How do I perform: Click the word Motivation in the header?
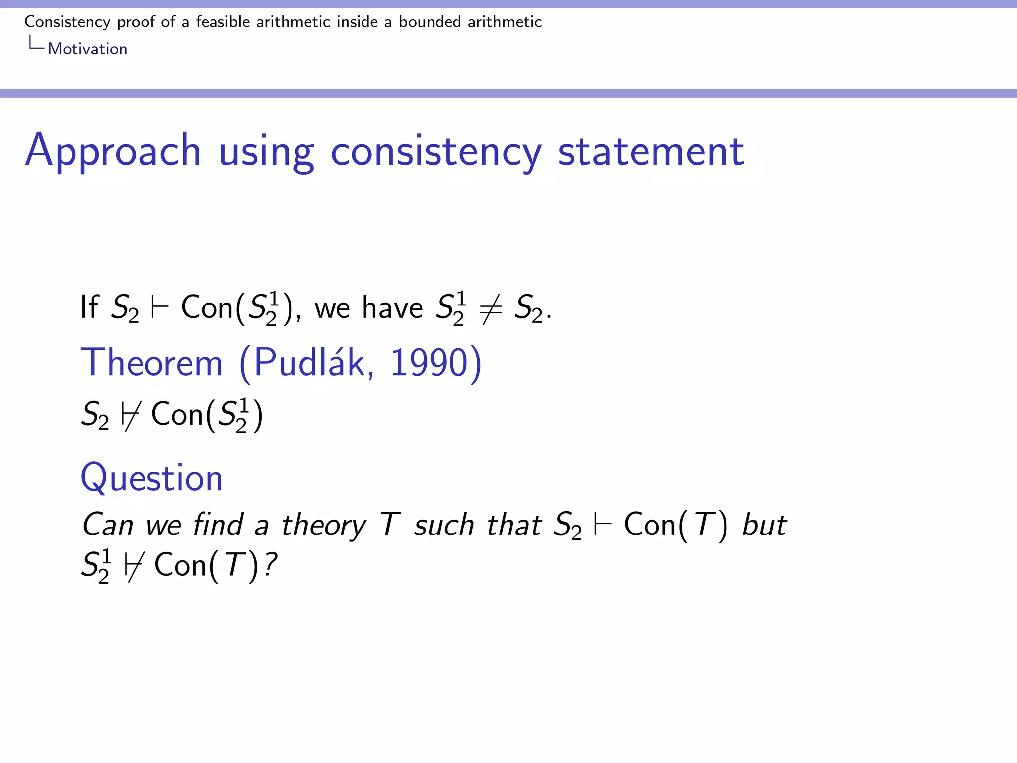point(87,49)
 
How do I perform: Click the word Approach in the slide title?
point(113,151)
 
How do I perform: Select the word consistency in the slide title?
point(436,152)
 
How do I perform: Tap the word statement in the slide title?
point(651,152)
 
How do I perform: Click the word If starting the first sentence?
point(89,307)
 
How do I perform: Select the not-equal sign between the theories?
point(491,308)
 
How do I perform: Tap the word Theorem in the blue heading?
point(152,363)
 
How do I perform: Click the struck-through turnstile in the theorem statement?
point(129,415)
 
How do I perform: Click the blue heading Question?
point(152,478)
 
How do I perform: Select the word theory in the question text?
point(323,526)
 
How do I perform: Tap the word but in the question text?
point(764,525)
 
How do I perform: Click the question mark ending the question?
point(271,565)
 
